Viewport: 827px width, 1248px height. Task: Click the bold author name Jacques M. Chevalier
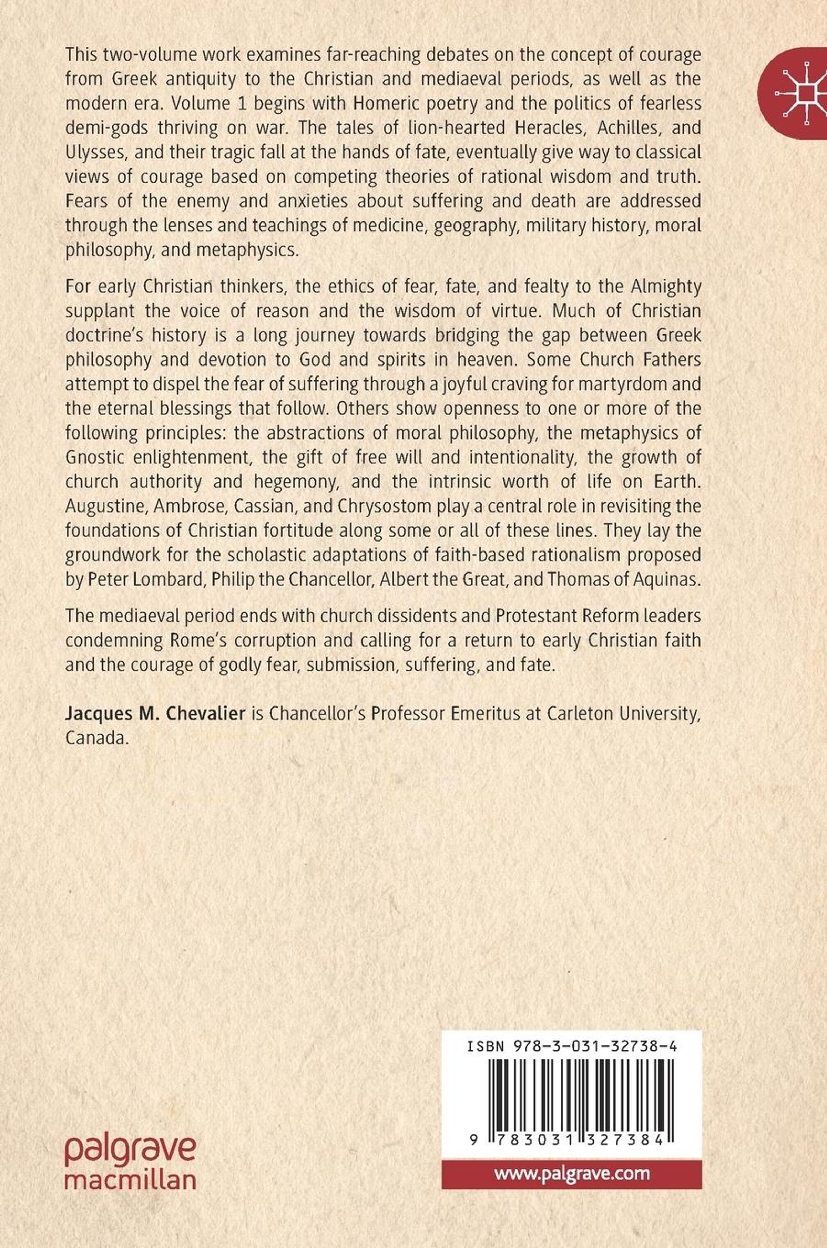[156, 714]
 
